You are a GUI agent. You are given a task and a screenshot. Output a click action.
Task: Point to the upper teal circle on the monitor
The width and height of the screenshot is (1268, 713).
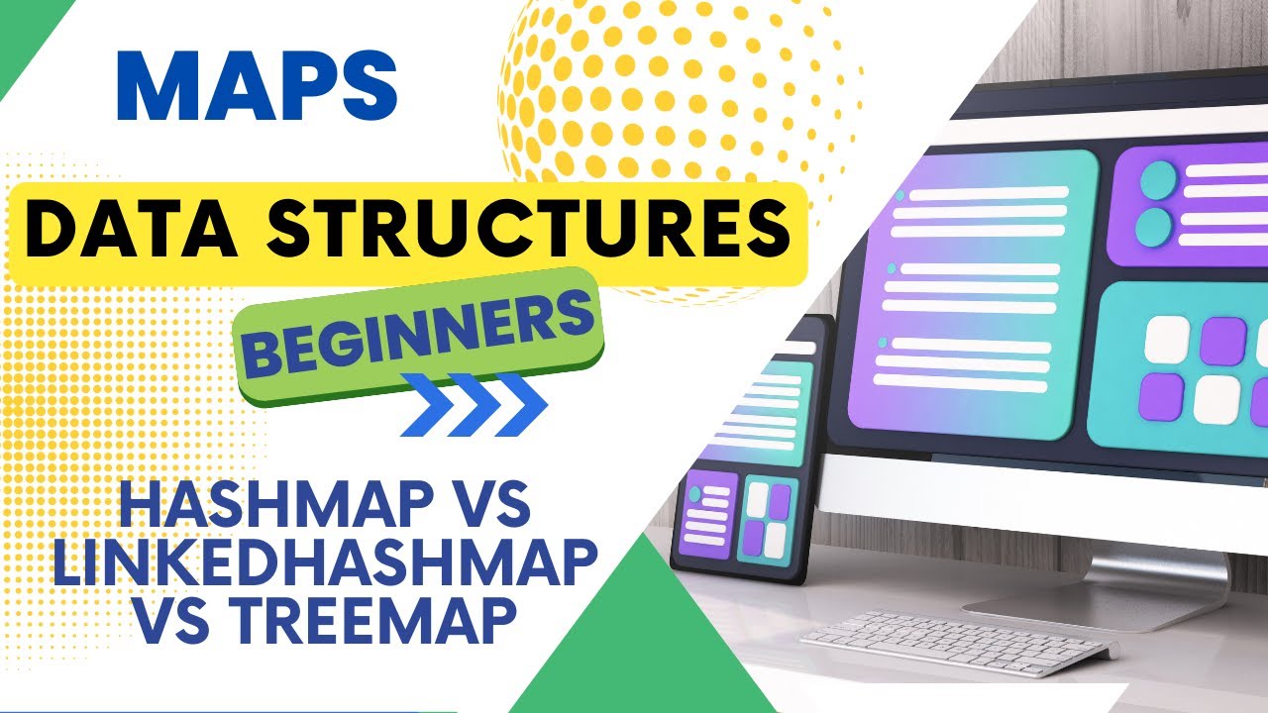pyautogui.click(x=1157, y=181)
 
